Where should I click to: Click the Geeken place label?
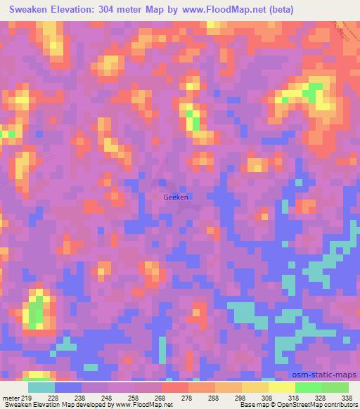(175, 197)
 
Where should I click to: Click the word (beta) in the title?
(278, 9)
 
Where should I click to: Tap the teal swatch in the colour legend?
(41, 387)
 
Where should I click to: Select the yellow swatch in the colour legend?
(282, 387)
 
